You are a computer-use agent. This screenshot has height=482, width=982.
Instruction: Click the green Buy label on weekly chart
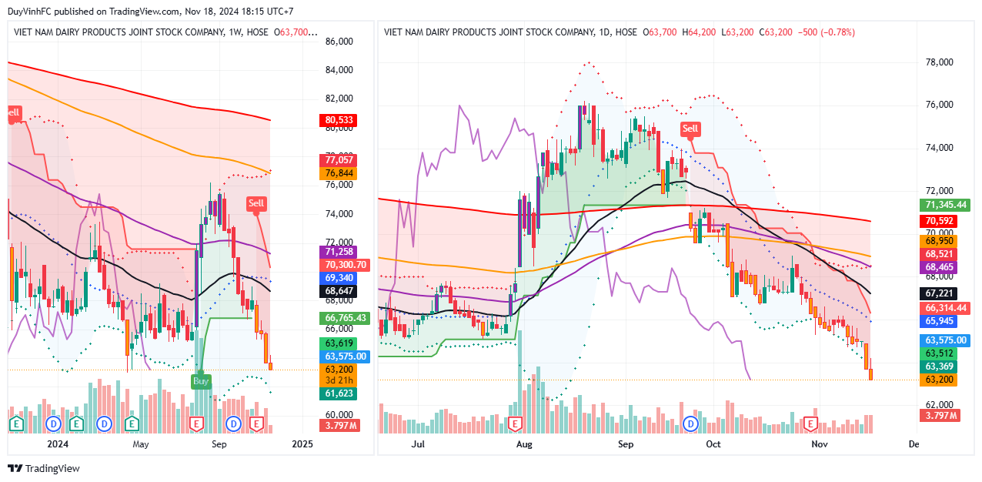click(201, 380)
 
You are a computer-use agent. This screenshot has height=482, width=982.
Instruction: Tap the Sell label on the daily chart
click(690, 129)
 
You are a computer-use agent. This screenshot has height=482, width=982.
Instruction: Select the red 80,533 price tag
click(339, 121)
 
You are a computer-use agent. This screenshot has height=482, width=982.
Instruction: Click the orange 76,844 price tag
click(339, 174)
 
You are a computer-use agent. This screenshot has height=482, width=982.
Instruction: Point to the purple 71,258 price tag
click(339, 252)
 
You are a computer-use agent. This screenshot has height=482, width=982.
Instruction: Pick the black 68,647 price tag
click(339, 291)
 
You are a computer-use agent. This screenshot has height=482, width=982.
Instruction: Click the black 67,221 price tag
click(939, 293)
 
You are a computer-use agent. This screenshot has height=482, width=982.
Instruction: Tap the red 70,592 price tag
click(939, 222)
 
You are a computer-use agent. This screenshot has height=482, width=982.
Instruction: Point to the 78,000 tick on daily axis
click(938, 62)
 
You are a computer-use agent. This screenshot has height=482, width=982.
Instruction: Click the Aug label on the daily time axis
click(524, 444)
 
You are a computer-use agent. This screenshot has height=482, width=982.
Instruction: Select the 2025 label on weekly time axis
click(303, 444)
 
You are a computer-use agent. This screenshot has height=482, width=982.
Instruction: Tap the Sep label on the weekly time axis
click(219, 444)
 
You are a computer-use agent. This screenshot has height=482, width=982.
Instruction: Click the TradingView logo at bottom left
click(44, 469)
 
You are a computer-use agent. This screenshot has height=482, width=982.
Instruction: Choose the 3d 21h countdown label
click(339, 380)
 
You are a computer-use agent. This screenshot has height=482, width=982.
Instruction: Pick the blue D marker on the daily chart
click(691, 423)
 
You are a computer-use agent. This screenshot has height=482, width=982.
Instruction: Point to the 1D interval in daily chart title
click(606, 32)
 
